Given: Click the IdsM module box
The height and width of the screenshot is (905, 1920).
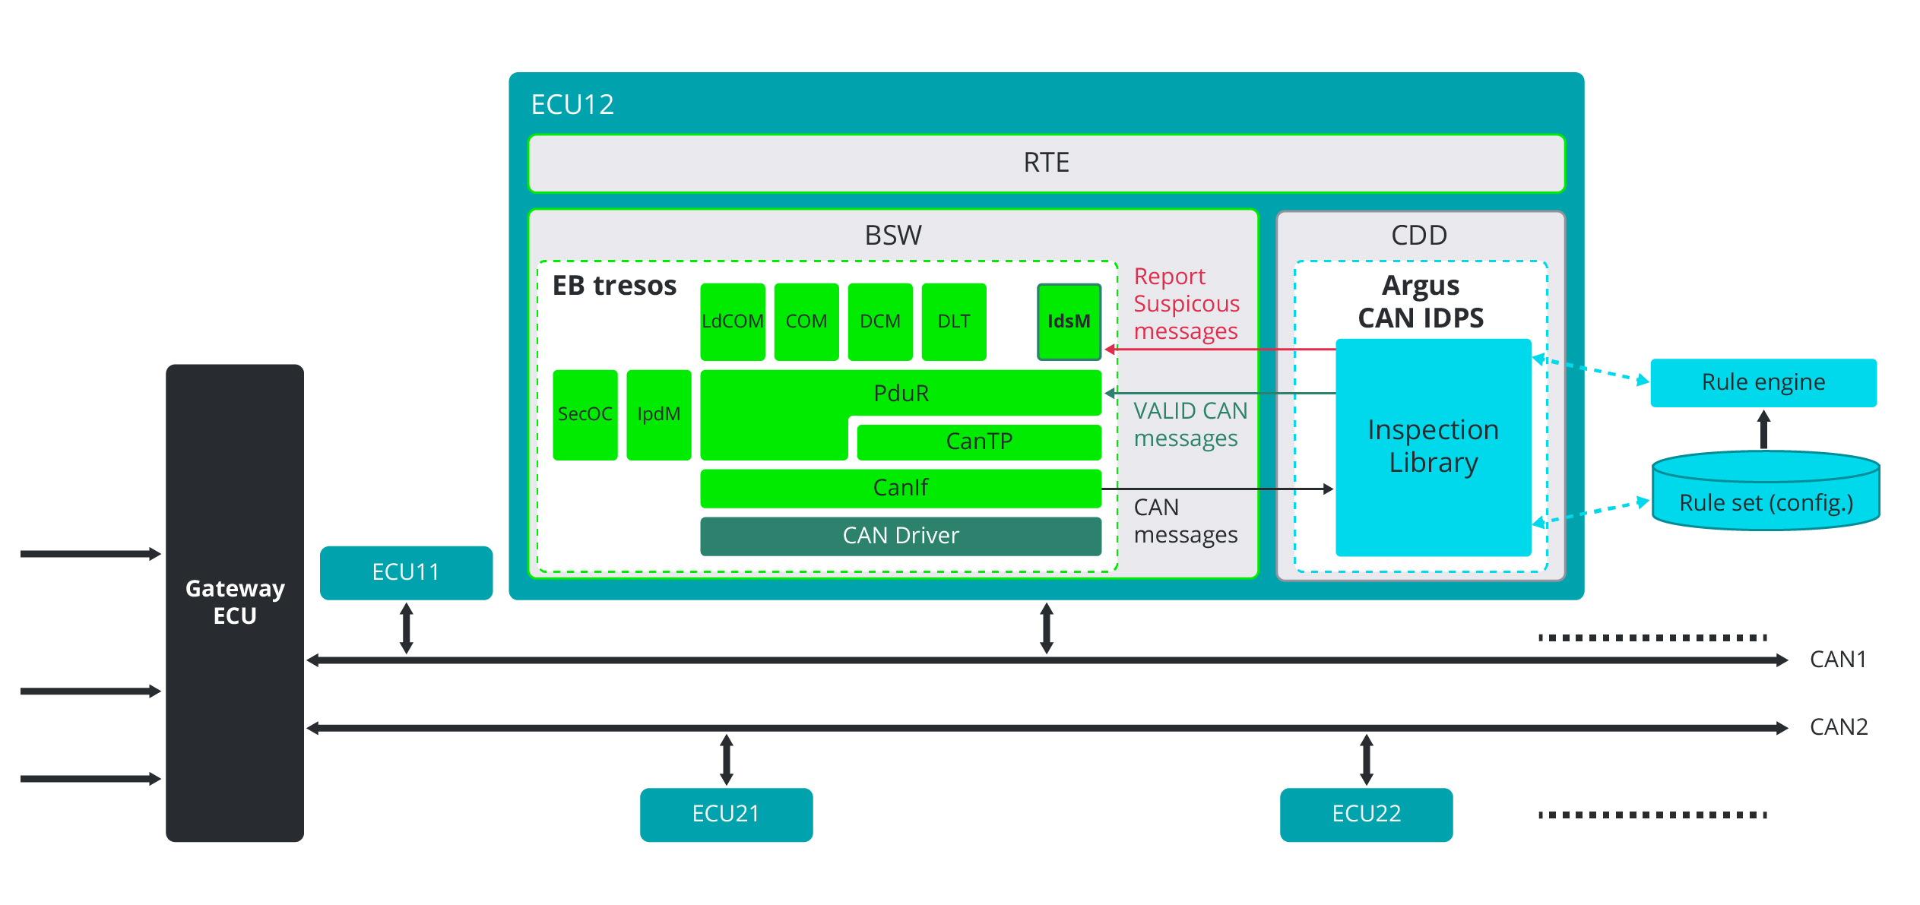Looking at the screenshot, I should click(1069, 321).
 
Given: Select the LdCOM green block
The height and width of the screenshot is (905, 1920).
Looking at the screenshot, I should click(732, 321).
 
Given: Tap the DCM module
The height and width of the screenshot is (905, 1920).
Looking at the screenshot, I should click(879, 321).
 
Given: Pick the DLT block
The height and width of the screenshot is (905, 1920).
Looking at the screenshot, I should click(953, 321).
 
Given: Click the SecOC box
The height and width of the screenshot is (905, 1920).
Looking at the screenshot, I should click(585, 414).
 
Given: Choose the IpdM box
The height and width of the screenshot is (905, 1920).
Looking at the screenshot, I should click(658, 414).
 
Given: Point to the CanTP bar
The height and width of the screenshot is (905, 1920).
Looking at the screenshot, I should click(978, 441).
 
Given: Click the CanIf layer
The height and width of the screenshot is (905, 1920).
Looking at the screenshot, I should click(900, 488).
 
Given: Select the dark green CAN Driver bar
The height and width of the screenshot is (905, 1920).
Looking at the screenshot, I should click(900, 536).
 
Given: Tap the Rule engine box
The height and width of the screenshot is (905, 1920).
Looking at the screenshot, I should click(1763, 382).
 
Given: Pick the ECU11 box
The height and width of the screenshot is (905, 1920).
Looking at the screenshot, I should click(406, 572).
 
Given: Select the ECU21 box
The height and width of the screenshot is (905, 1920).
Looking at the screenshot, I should click(726, 814).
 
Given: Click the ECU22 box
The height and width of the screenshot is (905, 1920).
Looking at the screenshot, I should click(1366, 814).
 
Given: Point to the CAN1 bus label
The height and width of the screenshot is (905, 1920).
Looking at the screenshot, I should click(1837, 660).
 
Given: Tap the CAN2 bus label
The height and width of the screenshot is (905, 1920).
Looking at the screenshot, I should click(1838, 727).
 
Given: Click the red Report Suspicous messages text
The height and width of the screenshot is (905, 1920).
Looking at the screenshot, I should click(1186, 304).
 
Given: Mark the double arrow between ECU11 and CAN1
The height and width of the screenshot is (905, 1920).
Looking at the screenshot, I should click(407, 628).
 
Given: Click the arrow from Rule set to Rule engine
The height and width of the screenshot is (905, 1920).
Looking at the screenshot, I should click(1763, 429).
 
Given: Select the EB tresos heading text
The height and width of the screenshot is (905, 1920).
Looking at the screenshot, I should click(614, 286).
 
